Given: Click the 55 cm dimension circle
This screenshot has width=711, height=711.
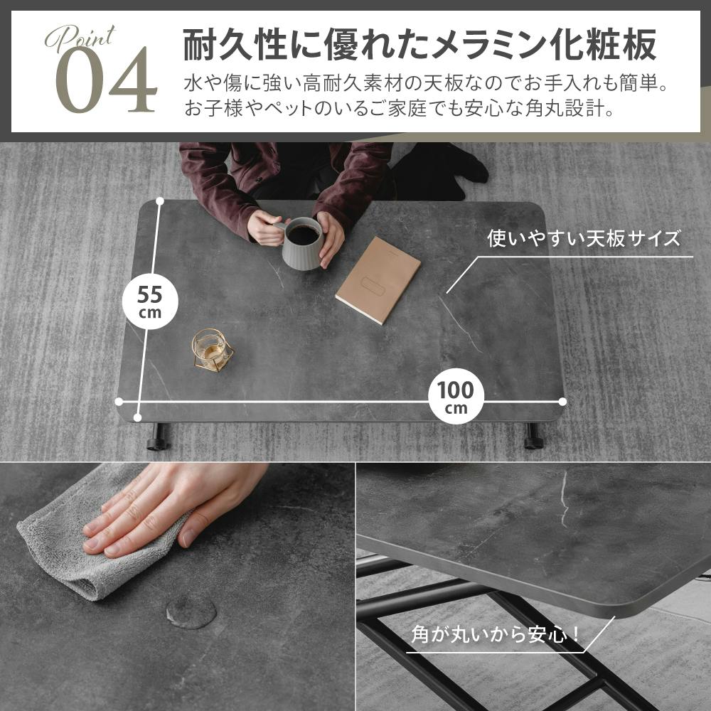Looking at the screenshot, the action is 149,301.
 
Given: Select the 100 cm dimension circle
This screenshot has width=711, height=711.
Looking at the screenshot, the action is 456,396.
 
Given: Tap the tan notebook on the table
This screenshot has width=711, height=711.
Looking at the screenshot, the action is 378,279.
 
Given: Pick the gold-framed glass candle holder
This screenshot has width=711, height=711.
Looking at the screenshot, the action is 212,350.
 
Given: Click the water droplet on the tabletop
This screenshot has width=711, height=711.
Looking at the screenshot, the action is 191,611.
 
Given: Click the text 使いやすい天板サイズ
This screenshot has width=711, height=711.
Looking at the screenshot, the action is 584,238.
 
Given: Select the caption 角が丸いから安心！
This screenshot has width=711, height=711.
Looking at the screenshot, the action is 496,634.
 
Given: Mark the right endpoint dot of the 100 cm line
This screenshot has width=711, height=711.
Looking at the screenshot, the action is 562,402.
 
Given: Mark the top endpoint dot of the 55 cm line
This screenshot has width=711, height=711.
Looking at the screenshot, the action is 159,201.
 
